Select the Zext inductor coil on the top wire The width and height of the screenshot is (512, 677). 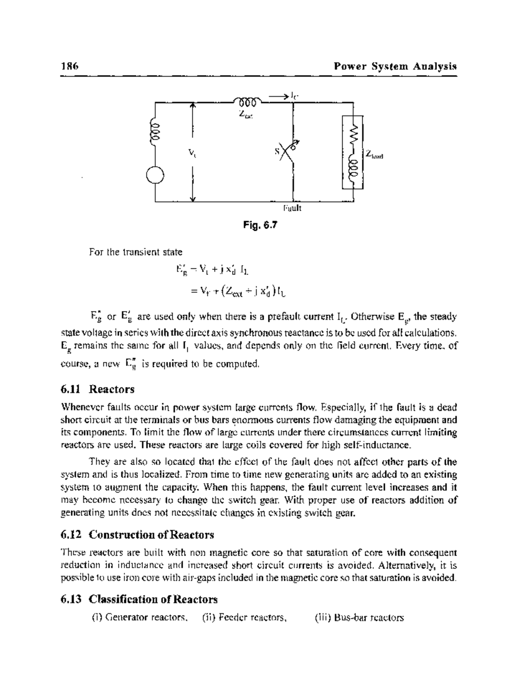click(x=247, y=102)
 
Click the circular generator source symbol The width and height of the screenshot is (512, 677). click(x=155, y=174)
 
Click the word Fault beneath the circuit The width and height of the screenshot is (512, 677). click(x=292, y=209)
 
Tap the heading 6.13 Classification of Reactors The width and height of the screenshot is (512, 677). click(x=139, y=599)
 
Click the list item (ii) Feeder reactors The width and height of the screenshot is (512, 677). click(x=244, y=617)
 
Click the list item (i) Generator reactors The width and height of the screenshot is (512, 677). click(x=140, y=617)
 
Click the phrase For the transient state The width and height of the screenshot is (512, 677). click(x=135, y=252)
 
